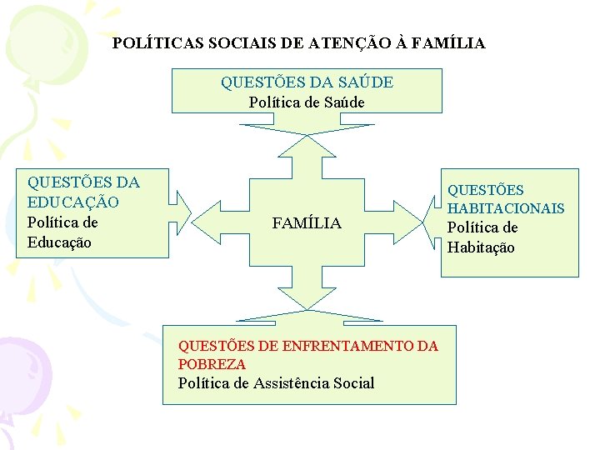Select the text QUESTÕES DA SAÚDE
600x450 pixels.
307,82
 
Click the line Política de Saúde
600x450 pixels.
307,102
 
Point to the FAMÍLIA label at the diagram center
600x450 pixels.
307,223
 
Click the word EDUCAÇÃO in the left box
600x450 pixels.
73,202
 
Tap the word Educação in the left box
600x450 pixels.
59,242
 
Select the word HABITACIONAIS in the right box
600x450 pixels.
506,208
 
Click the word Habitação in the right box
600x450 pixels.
481,247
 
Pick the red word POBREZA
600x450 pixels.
212,364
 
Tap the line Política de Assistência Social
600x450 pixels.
276,383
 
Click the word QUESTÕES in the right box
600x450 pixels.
486,191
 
